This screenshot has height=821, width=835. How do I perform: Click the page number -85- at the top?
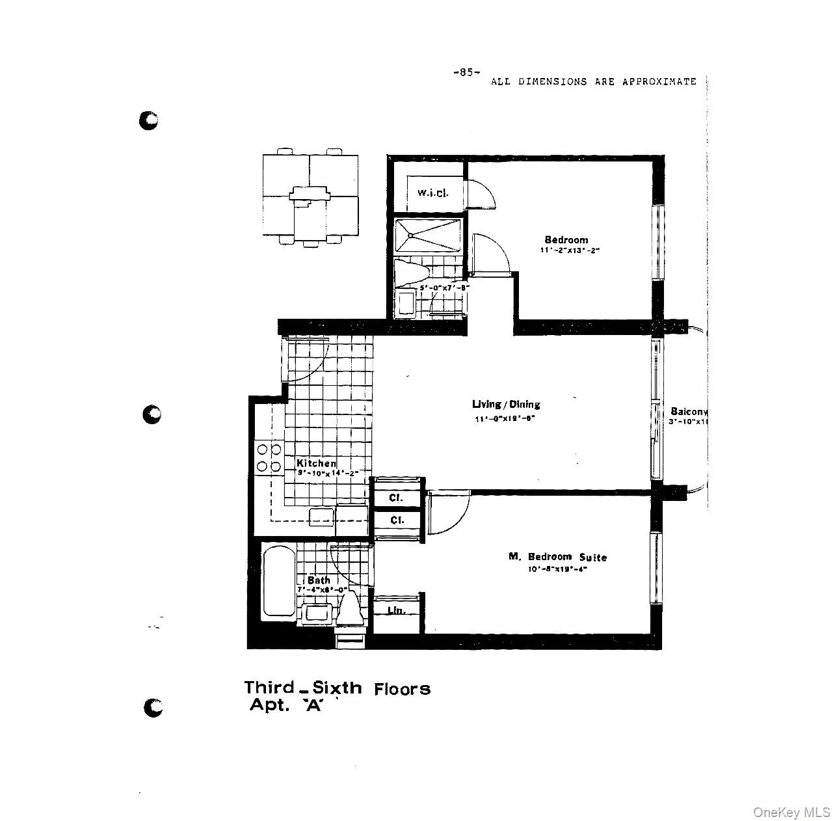click(466, 72)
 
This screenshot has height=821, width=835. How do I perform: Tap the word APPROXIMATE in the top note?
click(659, 82)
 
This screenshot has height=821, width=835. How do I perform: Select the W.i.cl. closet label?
click(432, 193)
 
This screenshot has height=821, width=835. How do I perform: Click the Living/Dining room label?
click(506, 404)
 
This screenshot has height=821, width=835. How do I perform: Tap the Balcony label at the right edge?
click(688, 411)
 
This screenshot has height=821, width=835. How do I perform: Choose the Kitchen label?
click(317, 463)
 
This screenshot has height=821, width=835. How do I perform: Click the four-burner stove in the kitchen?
click(269, 457)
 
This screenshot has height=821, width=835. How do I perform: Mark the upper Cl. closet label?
click(396, 498)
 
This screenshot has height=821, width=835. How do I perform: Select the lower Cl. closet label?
click(396, 520)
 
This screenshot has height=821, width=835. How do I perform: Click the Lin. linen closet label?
click(396, 610)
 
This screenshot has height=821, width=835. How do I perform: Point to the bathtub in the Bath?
click(278, 584)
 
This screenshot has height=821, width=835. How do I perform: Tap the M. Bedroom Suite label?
click(557, 557)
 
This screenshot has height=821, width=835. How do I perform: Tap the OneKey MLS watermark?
click(791, 812)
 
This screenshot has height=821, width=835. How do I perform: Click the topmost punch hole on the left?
click(149, 120)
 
